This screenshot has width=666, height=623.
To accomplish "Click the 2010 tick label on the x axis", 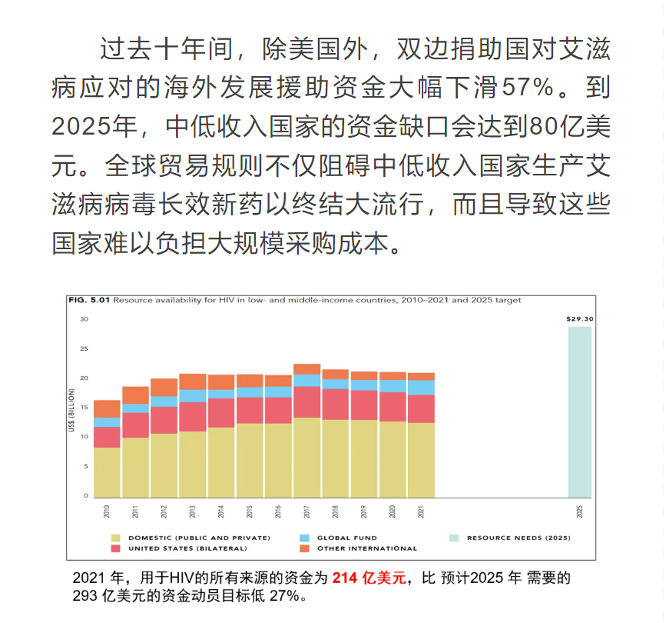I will pos(108,510).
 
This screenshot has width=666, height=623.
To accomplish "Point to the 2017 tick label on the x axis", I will pos(306,510).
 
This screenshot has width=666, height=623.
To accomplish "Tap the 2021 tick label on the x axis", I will pos(420,510).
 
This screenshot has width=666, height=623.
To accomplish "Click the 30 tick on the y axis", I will pos(84,319).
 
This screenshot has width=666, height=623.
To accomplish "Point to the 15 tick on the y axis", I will pos(84,408).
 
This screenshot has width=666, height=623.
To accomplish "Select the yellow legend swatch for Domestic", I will pos(116,538).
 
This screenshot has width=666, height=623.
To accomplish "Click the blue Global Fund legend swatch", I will pos(304,538).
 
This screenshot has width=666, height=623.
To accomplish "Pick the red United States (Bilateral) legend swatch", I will pos(116,548).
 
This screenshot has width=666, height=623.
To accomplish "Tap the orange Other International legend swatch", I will pos(304,548).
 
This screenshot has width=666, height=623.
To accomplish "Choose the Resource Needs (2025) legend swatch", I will pos(454,538).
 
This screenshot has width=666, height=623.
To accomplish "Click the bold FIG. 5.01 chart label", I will pos(90,301).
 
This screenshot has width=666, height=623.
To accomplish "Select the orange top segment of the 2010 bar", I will pos(108,408).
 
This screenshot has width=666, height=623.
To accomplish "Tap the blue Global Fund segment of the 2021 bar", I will pos(420,387).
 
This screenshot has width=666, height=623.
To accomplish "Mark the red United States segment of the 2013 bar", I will pos(193,416).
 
